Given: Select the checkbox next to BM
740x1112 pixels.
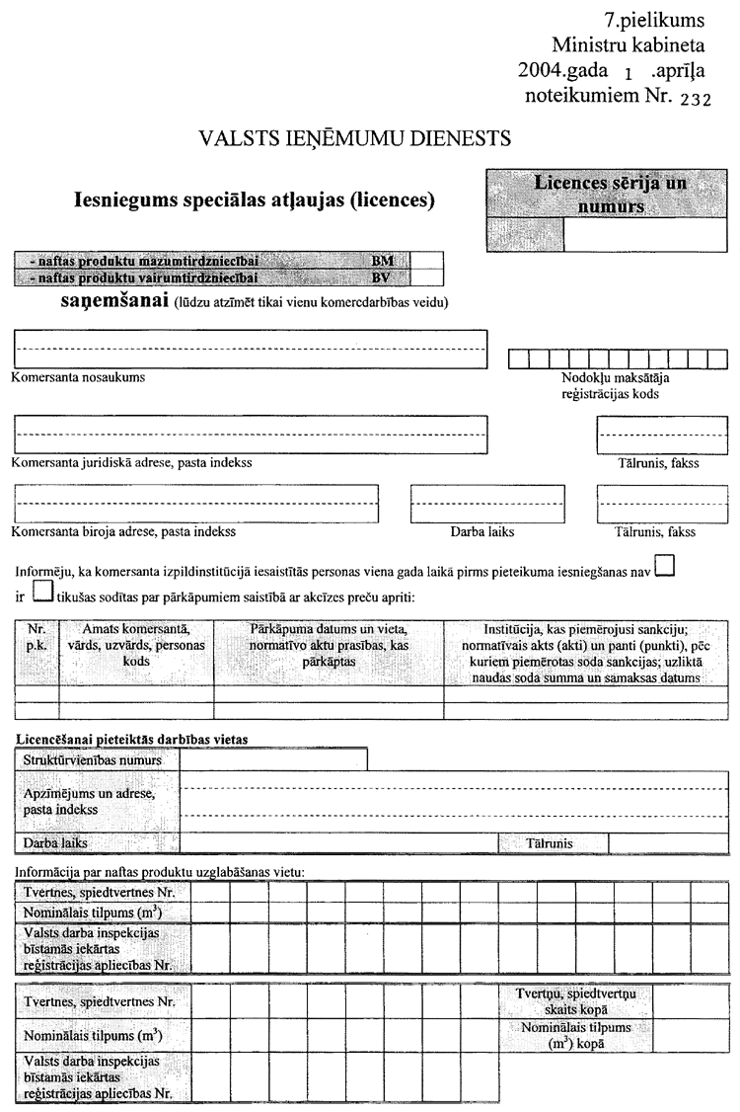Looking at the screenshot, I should pyautogui.click(x=426, y=261).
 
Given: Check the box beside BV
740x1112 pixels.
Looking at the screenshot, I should pyautogui.click(x=426, y=277).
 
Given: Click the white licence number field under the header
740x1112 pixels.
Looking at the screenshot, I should pyautogui.click(x=646, y=235).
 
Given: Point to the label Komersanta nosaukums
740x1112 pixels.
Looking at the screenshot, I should pyautogui.click(x=79, y=377).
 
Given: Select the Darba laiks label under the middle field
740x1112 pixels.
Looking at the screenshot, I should pyautogui.click(x=482, y=531).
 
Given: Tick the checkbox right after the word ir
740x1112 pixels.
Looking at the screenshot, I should pyautogui.click(x=42, y=592).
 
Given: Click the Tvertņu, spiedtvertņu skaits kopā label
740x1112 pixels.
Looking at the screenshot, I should pyautogui.click(x=567, y=1000).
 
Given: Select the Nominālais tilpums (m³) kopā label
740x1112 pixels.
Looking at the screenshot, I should pyautogui.click(x=567, y=1035).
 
